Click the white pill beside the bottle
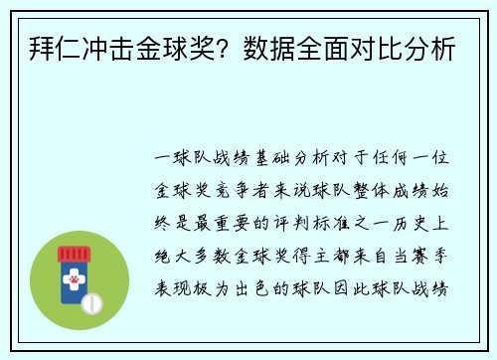pyautogui.click(x=91, y=302)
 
